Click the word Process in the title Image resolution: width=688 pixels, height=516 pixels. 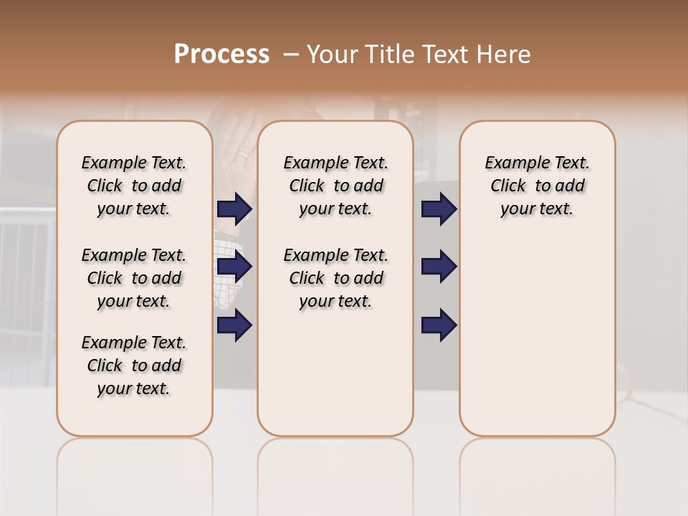221,54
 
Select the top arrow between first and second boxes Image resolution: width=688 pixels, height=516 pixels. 234,209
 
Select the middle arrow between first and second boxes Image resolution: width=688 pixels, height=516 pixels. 234,267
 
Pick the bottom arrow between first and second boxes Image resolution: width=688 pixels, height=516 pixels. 234,325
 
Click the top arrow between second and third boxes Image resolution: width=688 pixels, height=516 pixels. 439,209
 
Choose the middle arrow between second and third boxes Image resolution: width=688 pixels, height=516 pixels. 439,267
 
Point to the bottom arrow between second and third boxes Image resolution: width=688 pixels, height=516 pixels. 439,325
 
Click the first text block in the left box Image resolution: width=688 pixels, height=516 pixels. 134,186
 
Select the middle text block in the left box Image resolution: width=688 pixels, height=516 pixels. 134,278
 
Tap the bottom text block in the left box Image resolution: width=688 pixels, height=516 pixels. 134,365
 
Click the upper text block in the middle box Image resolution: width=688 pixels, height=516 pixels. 335,186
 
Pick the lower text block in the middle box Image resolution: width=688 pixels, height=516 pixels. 335,278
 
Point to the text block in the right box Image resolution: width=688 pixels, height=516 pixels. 537,186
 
